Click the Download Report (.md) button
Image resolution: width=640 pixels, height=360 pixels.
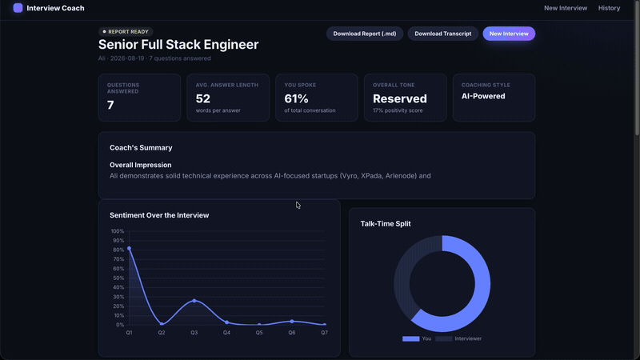[365, 34]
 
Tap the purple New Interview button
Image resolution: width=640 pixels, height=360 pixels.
[509, 34]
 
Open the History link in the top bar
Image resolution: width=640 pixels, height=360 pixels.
[609, 8]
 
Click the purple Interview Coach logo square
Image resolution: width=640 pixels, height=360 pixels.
[18, 8]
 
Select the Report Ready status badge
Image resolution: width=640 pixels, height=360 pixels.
[126, 31]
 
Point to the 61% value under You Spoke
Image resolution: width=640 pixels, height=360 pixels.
[296, 98]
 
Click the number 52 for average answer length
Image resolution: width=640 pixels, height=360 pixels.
[203, 98]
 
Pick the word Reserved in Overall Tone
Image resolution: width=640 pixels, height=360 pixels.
[399, 98]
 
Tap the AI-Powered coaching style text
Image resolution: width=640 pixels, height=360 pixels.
[483, 96]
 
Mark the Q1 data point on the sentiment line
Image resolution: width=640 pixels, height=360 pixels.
[129, 248]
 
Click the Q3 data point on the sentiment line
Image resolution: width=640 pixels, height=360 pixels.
[194, 301]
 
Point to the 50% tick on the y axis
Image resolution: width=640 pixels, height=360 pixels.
[118, 278]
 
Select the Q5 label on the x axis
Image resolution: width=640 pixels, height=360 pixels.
[259, 333]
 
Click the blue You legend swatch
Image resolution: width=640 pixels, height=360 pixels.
[410, 338]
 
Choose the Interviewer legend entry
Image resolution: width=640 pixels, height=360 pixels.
[458, 338]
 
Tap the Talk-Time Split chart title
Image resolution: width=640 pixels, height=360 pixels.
[386, 224]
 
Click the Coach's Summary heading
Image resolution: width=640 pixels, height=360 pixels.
[141, 148]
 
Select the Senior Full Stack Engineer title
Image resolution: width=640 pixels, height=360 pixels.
[178, 45]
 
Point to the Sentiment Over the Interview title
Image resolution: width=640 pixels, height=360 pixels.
[159, 215]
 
